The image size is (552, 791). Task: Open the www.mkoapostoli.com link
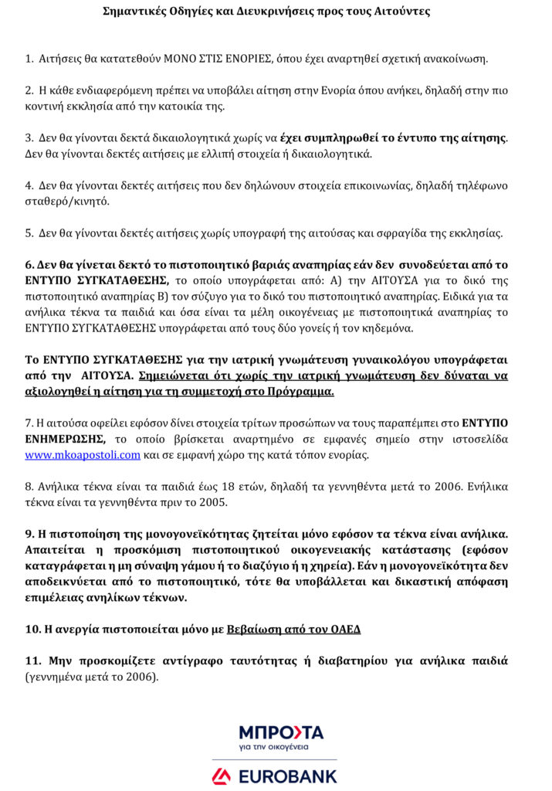(x=83, y=455)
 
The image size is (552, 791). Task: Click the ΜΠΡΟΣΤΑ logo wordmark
(x=281, y=732)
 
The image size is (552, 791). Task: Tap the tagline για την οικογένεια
(x=273, y=747)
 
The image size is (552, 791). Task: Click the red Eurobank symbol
(x=222, y=775)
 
